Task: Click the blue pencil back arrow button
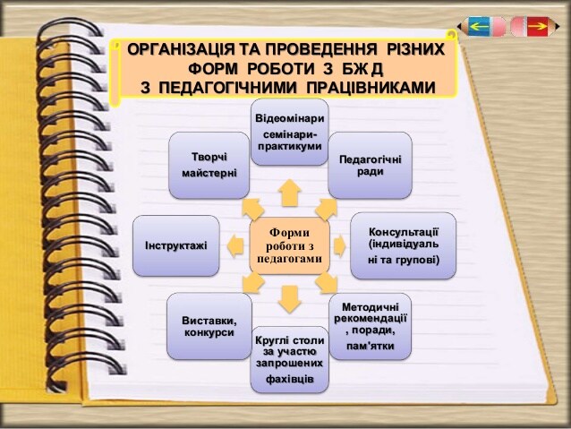click(x=478, y=27)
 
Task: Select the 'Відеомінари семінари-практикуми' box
click(x=288, y=133)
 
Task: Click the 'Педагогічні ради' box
click(x=370, y=165)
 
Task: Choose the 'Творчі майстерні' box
click(x=209, y=165)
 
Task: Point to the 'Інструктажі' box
click(x=175, y=245)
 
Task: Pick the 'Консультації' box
click(x=403, y=245)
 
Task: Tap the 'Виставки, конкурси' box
click(x=209, y=326)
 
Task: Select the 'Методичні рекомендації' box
click(x=370, y=326)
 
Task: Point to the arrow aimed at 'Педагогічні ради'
click(x=325, y=209)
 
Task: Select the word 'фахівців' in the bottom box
click(x=288, y=380)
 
